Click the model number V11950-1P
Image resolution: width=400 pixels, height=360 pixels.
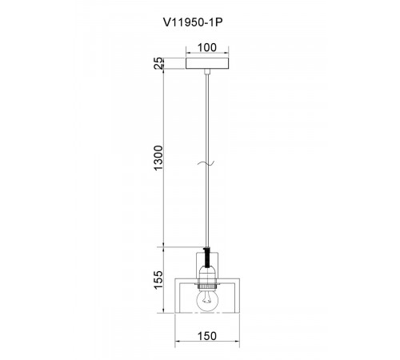click(193, 22)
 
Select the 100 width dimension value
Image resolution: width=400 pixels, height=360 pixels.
click(207, 47)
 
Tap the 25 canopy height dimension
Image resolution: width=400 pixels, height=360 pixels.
click(158, 63)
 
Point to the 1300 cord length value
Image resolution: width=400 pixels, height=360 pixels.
click(158, 158)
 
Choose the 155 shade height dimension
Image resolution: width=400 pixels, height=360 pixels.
click(158, 280)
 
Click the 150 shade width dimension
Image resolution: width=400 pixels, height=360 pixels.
click(207, 336)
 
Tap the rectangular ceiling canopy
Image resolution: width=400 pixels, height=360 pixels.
click(207, 63)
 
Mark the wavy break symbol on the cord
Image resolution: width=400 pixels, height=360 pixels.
click(206, 163)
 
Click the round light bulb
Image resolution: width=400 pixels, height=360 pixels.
click(207, 301)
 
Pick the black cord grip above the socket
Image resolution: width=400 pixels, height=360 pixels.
click(207, 258)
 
